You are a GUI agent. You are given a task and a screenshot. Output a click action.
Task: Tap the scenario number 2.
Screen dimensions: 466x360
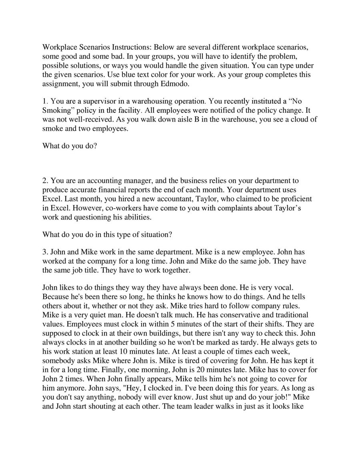[44, 181]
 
